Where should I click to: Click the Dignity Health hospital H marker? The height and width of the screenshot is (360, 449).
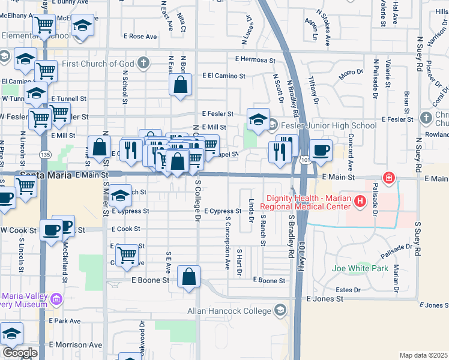(360, 201)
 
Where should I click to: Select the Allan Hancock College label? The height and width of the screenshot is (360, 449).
(230, 310)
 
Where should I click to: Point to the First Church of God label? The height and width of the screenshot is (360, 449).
(96, 63)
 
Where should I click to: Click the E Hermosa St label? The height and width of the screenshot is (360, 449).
(255, 60)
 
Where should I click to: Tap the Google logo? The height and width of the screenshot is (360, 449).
(20, 353)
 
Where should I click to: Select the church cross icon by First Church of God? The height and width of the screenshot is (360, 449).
(143, 63)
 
